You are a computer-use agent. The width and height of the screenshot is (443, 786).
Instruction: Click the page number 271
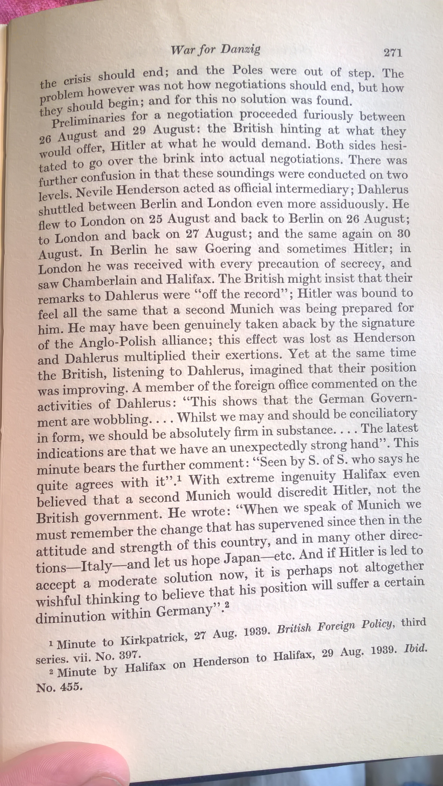(x=393, y=53)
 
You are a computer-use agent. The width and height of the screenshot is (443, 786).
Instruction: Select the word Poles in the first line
(x=247, y=71)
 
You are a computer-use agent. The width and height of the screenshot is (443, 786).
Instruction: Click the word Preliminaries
(x=88, y=120)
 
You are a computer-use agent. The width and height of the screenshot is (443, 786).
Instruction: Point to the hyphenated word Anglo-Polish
(x=117, y=342)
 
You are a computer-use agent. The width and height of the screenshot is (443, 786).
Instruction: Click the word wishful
(x=58, y=600)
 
